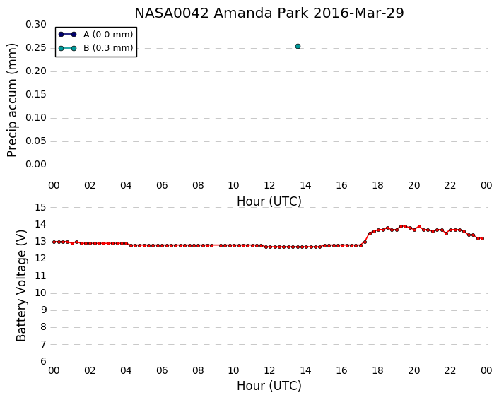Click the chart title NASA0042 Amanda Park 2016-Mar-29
click(269, 13)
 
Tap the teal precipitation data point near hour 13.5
click(298, 47)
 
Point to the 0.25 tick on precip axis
click(36, 48)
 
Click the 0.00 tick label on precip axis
click(36, 165)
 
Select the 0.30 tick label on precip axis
click(36, 25)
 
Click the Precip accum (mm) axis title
click(12, 100)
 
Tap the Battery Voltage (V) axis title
click(21, 286)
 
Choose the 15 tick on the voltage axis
click(41, 208)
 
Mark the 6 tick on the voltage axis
click(43, 362)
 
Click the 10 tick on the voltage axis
click(41, 293)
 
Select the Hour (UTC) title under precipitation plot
click(269, 201)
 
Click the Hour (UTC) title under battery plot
click(269, 386)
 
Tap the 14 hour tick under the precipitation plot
click(305, 186)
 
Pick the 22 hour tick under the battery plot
click(450, 371)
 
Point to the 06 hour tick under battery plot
click(162, 371)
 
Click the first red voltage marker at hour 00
click(54, 242)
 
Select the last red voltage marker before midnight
click(482, 238)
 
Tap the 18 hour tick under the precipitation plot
click(377, 186)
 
